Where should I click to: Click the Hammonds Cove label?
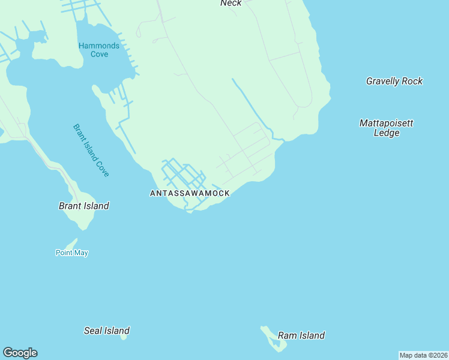coord(99,50)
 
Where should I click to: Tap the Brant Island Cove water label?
coord(91,150)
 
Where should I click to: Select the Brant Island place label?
coord(84,206)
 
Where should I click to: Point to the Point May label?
coord(72,253)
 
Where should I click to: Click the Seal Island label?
coord(107,331)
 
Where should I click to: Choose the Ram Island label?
coord(301,335)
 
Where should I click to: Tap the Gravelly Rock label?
coord(394,81)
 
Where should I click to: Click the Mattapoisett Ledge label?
coord(387,128)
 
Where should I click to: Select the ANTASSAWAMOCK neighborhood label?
coord(190,193)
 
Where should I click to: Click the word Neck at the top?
coord(231,4)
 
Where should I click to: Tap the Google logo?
coord(20,353)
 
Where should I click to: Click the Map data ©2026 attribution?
coord(423,355)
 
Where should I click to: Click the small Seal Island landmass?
coord(124,337)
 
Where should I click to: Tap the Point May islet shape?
coord(71,244)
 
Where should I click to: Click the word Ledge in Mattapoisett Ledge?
coord(387,133)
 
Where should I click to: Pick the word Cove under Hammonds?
coord(100,55)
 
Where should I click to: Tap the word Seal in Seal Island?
coord(93,331)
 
